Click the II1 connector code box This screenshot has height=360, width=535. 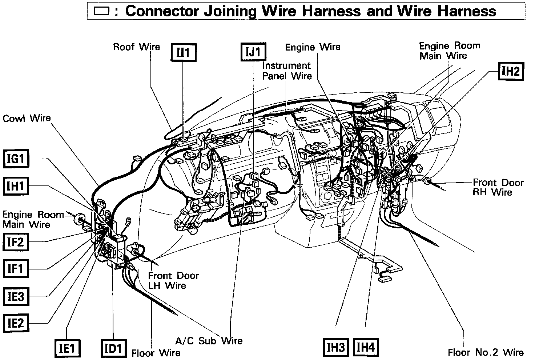(x=184, y=53)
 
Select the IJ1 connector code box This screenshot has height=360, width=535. (x=253, y=52)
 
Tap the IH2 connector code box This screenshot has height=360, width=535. (x=510, y=71)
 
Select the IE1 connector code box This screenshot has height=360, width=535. (x=67, y=349)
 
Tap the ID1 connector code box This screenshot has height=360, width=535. (x=113, y=349)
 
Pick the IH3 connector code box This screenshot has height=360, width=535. (x=336, y=347)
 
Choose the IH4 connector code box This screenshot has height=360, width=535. (x=366, y=347)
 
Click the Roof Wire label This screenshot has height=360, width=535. (x=136, y=47)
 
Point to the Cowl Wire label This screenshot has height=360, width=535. (x=27, y=118)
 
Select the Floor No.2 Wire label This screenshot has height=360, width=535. (x=486, y=352)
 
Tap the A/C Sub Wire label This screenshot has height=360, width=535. (x=209, y=341)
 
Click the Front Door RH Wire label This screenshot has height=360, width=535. (x=498, y=187)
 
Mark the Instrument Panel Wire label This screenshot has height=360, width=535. (x=287, y=71)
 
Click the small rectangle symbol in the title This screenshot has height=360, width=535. (x=101, y=11)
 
